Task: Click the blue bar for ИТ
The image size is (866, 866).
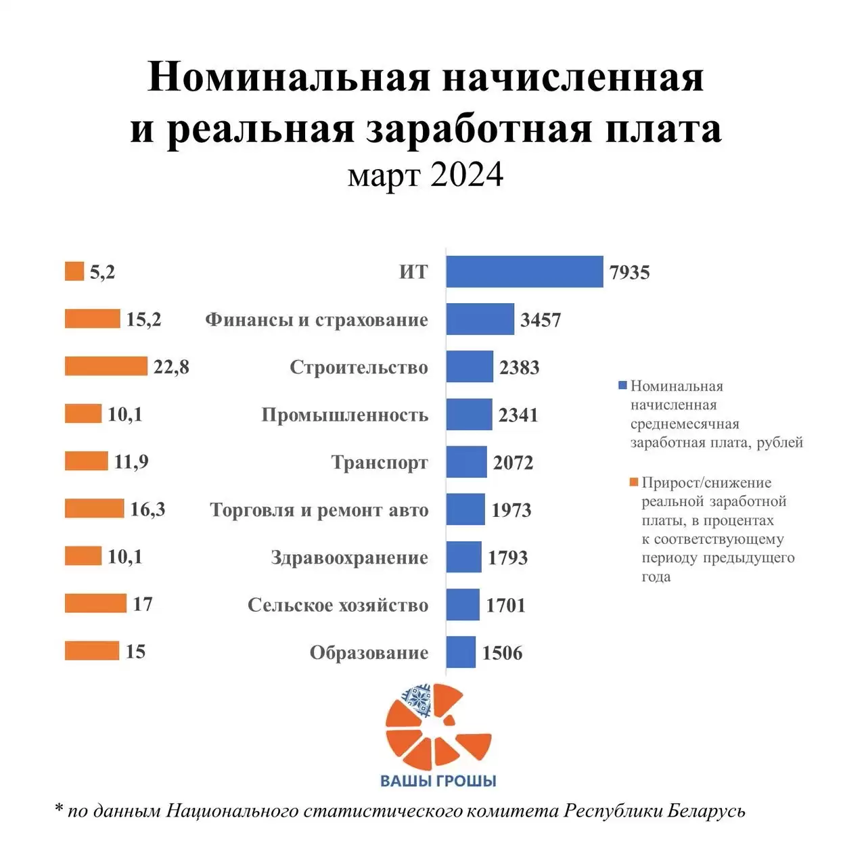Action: point(524,271)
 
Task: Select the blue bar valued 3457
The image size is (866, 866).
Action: point(480,319)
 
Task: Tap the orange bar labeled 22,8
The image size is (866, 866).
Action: point(106,366)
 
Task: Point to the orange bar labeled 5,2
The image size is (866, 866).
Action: point(74,271)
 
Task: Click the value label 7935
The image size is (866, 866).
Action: point(629,273)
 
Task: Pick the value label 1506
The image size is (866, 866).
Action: point(502,653)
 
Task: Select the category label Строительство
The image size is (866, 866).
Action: point(359,367)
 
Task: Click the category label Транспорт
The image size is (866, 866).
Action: point(380,463)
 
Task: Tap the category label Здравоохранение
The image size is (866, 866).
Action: point(349,557)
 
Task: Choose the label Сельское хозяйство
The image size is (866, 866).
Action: point(338,605)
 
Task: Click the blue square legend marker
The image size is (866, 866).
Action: point(622,386)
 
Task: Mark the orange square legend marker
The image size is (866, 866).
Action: point(634,482)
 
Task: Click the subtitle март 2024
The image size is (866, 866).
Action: point(426,175)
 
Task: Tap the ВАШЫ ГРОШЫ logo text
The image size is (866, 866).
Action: point(438,781)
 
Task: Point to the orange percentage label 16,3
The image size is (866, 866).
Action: point(147,509)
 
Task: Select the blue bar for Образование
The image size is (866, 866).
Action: point(461,652)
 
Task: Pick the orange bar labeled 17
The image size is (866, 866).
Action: point(95,603)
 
